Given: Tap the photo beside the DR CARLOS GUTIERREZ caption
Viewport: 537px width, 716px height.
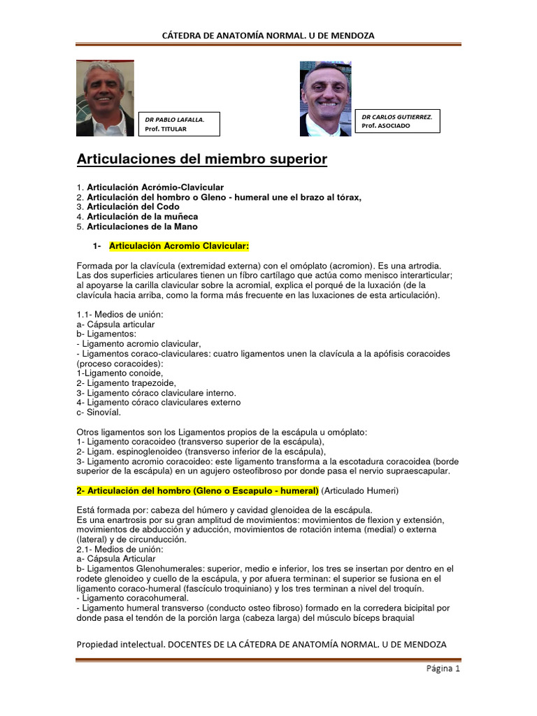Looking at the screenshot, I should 325,99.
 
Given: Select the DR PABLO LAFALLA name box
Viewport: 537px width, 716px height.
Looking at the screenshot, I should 180,124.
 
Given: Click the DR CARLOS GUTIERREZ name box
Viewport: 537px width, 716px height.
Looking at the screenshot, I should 397,121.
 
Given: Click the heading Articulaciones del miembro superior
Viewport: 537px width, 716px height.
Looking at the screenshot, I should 201,160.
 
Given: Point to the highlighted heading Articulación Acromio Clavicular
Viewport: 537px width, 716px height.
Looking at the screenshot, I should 179,246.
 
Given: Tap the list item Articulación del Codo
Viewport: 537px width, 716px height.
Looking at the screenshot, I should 133,207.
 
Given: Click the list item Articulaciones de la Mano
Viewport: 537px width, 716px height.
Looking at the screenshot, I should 142,227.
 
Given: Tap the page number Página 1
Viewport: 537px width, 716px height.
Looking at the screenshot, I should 443,668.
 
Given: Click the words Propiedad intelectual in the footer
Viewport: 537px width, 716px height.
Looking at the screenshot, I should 119,643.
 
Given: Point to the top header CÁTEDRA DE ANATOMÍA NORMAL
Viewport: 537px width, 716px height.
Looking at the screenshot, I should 268,35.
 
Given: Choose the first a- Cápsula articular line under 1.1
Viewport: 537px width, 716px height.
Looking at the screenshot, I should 115,324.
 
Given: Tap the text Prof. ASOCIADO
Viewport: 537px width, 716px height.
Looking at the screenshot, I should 385,126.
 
